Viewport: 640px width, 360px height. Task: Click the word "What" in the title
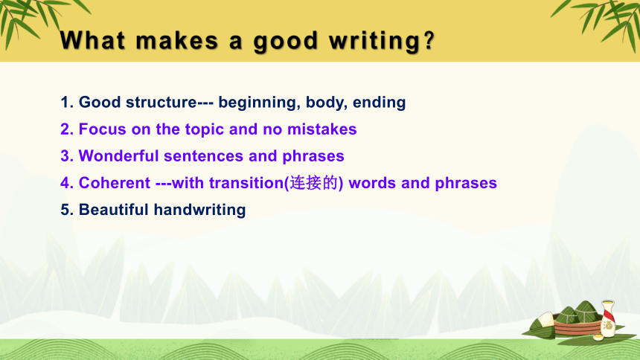[x=92, y=40]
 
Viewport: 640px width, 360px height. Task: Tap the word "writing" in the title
[x=374, y=42]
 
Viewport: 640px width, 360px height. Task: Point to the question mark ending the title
[x=429, y=40]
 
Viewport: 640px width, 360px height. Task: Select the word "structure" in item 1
[x=161, y=102]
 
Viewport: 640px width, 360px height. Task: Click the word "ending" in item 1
[x=380, y=103]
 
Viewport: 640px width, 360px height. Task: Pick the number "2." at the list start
[x=67, y=129]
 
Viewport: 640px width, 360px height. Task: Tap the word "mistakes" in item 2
[x=322, y=129]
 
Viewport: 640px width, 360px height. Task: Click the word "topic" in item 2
[x=205, y=130]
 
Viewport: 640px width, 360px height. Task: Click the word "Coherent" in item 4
[x=115, y=183]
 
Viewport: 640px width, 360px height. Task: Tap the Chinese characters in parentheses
[x=314, y=183]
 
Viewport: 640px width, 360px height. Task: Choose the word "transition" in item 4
[x=246, y=183]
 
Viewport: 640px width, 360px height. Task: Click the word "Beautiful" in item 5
[x=113, y=210]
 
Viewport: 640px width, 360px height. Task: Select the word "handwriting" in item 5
[x=199, y=210]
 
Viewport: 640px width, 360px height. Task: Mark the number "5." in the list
[x=67, y=210]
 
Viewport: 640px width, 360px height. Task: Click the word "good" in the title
[x=286, y=42]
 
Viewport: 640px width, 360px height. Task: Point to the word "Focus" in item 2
[x=103, y=129]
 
